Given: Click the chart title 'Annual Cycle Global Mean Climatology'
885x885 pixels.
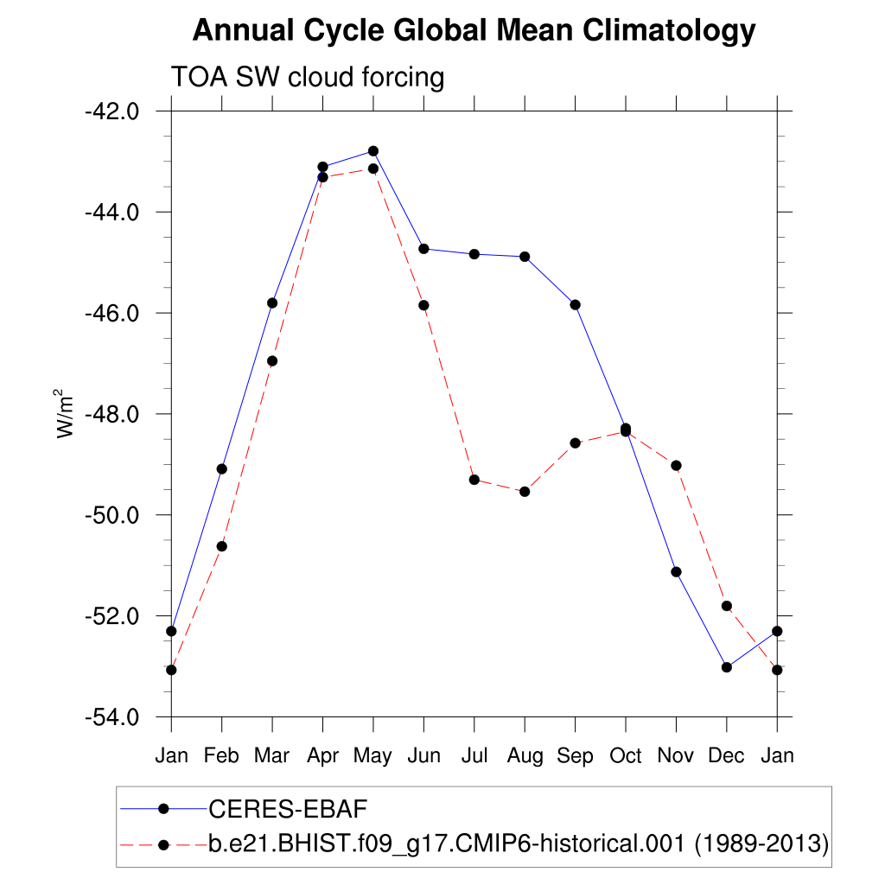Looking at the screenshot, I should tap(474, 31).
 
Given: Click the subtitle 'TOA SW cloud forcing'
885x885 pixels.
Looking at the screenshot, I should tap(308, 78).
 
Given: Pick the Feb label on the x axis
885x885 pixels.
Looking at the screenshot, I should tap(221, 756).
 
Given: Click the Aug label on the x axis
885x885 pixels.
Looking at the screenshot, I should tap(525, 756).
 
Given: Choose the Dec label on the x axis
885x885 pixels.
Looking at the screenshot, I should tap(726, 756).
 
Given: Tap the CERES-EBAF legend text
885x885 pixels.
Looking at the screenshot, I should tap(289, 809).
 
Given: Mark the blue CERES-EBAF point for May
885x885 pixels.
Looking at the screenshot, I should tap(373, 151).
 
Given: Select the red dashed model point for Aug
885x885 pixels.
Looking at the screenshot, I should tap(525, 492).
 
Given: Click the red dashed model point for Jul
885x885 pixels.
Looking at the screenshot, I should tap(474, 480).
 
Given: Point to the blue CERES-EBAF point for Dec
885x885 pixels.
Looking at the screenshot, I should tap(727, 667).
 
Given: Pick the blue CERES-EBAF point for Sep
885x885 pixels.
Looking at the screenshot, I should tap(575, 305).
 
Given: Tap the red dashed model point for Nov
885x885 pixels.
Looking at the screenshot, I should tap(676, 466).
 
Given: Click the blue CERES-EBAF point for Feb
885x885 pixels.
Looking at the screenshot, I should tap(221, 469).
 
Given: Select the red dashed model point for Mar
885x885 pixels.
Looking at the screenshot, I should tap(272, 361).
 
